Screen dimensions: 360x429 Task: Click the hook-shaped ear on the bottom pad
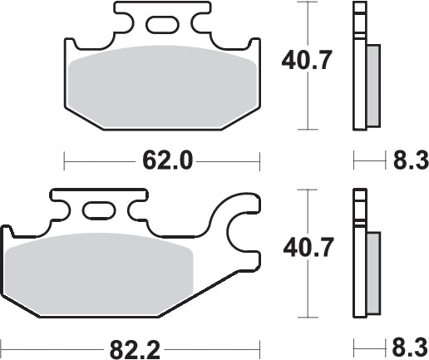click(241, 233)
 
